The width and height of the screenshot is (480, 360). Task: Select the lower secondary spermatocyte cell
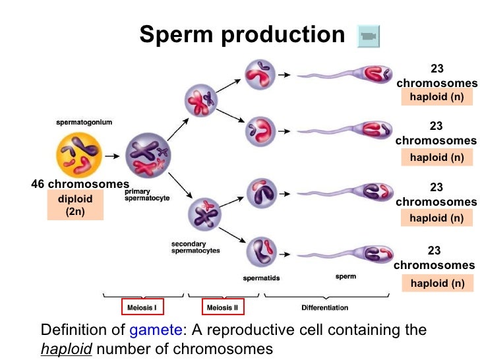pyautogui.click(x=204, y=215)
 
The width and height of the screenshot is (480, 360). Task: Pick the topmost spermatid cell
pyautogui.click(x=258, y=76)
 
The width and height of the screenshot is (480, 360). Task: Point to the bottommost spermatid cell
pyautogui.click(x=260, y=252)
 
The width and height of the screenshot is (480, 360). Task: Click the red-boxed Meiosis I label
pyautogui.click(x=142, y=307)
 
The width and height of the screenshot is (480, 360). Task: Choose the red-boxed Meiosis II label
pyautogui.click(x=222, y=307)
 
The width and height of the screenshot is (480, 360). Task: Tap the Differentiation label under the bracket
pyautogui.click(x=324, y=307)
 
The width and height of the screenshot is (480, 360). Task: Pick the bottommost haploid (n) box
pyautogui.click(x=436, y=283)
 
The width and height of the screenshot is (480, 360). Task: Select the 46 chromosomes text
pyautogui.click(x=80, y=184)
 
